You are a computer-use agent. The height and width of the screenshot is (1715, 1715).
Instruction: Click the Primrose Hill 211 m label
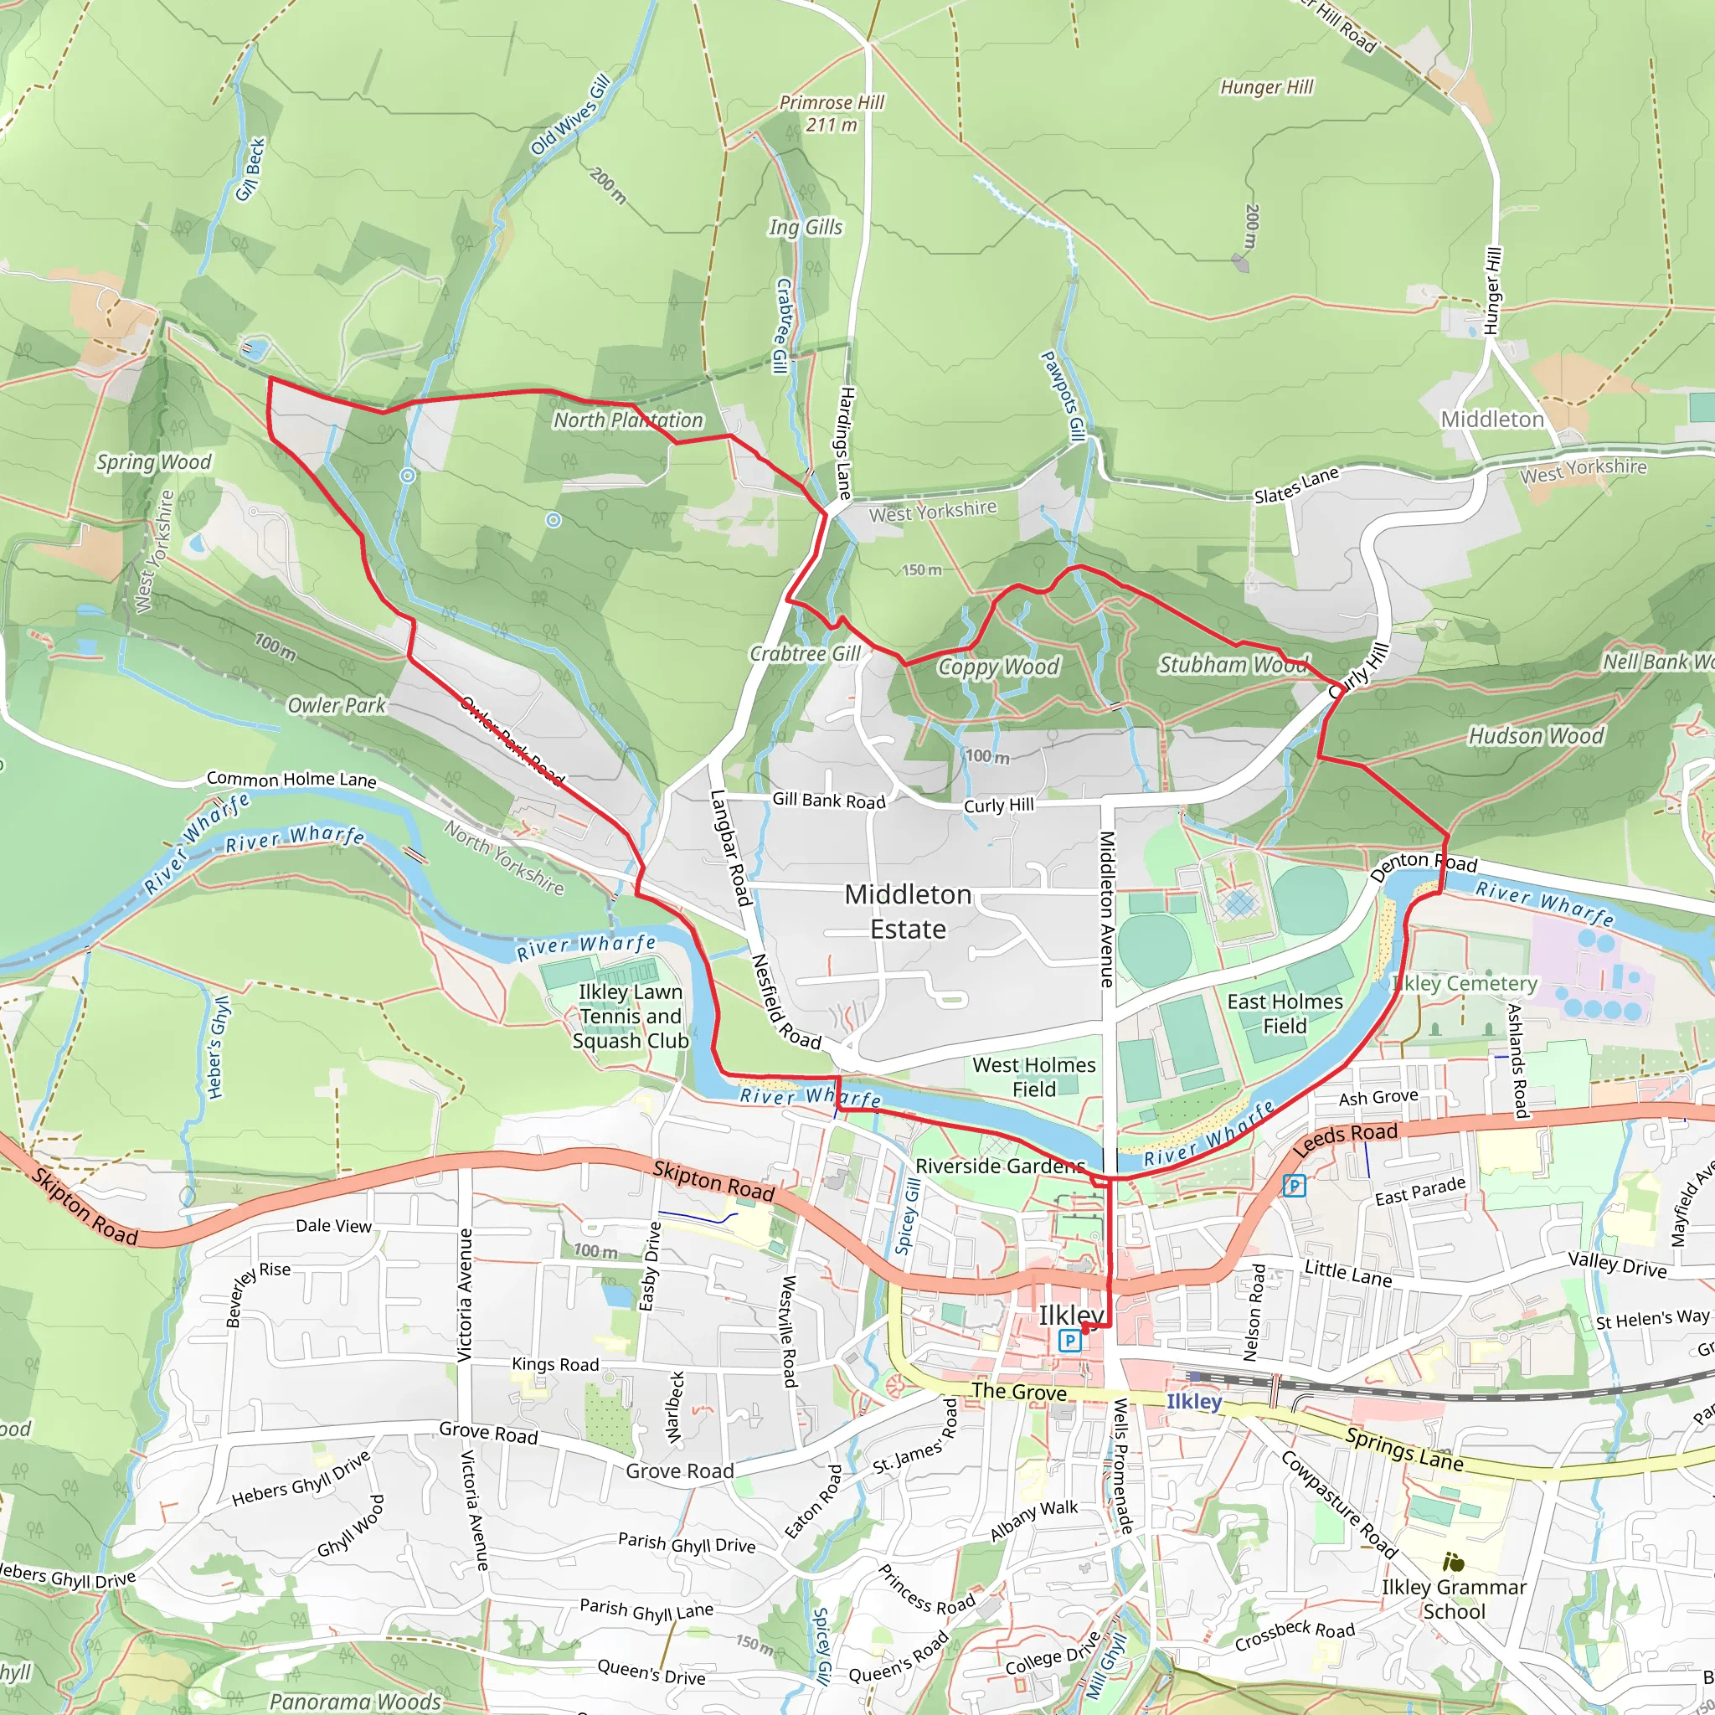pyautogui.click(x=831, y=114)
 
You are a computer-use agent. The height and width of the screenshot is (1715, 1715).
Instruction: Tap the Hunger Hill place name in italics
pyautogui.click(x=1266, y=87)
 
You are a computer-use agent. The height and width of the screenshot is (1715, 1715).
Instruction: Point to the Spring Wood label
pyautogui.click(x=153, y=461)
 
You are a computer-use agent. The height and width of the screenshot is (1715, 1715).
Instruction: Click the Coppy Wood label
pyautogui.click(x=999, y=667)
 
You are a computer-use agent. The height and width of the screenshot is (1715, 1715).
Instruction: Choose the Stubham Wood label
pyautogui.click(x=1233, y=665)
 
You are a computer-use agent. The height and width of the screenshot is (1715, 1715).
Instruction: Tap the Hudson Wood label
pyautogui.click(x=1536, y=736)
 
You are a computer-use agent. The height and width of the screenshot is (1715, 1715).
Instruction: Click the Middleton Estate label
pyautogui.click(x=907, y=912)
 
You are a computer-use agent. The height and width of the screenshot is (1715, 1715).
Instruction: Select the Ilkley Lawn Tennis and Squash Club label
pyautogui.click(x=631, y=1017)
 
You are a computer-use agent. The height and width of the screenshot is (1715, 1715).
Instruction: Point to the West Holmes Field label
pyautogui.click(x=1033, y=1077)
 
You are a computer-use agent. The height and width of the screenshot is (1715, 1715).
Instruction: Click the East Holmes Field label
pyautogui.click(x=1285, y=1014)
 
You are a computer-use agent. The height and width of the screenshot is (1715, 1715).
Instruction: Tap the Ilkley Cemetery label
pyautogui.click(x=1464, y=984)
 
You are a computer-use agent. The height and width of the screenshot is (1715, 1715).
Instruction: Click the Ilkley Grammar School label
pyautogui.click(x=1454, y=1599)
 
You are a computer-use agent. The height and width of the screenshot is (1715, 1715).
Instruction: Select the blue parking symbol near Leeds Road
pyautogui.click(x=1295, y=1185)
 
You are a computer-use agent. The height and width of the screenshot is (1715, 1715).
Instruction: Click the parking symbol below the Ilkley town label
pyautogui.click(x=1070, y=1341)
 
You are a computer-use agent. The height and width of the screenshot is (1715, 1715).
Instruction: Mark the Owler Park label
pyautogui.click(x=337, y=706)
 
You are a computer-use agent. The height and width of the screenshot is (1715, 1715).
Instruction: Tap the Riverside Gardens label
pyautogui.click(x=1000, y=1166)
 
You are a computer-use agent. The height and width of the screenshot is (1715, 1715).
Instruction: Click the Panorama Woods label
pyautogui.click(x=355, y=1701)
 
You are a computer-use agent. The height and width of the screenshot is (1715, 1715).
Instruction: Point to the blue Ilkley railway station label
pyautogui.click(x=1194, y=1402)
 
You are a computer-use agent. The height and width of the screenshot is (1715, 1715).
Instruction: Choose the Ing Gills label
pyautogui.click(x=805, y=227)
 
